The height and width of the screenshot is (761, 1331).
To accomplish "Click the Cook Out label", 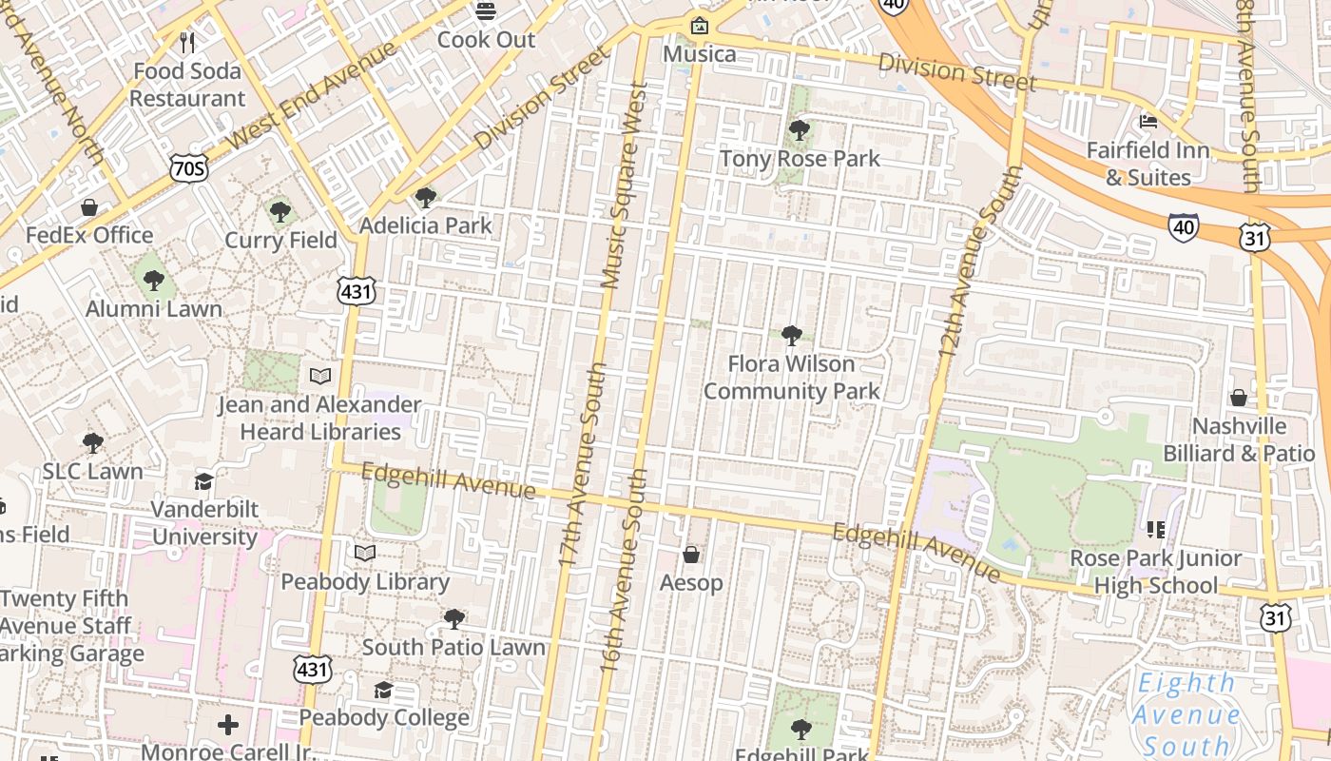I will pos(487,40).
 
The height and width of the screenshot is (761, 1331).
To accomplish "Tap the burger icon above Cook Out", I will pos(486,11).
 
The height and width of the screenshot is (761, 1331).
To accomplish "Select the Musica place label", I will pos(700,53).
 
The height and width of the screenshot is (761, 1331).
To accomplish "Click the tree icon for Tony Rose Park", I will pos(800,129).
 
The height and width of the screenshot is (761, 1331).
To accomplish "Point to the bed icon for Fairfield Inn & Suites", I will pos(1148,122).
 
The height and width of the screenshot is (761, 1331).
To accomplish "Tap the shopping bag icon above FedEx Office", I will pos(89,207).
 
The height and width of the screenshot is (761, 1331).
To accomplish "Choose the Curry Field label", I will pos(280,240).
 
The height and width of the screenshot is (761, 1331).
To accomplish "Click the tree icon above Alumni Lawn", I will pos(153,281).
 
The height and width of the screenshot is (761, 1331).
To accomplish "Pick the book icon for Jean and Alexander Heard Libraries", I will pos(320,377).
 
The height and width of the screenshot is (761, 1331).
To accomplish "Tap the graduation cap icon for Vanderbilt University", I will pos(204,481).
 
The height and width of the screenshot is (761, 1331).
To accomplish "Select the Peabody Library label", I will pos(365,581).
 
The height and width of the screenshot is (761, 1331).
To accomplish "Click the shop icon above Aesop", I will pos(691,554).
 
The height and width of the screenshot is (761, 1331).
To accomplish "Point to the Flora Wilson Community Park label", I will pos(791,378).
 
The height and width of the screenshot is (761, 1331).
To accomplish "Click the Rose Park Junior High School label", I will pos(1156,572).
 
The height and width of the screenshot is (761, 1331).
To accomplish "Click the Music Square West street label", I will pos(624,185).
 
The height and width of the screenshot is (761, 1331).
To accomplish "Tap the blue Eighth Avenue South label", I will pos(1187,713).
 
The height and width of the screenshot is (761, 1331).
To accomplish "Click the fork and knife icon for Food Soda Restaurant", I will pos(187,42).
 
